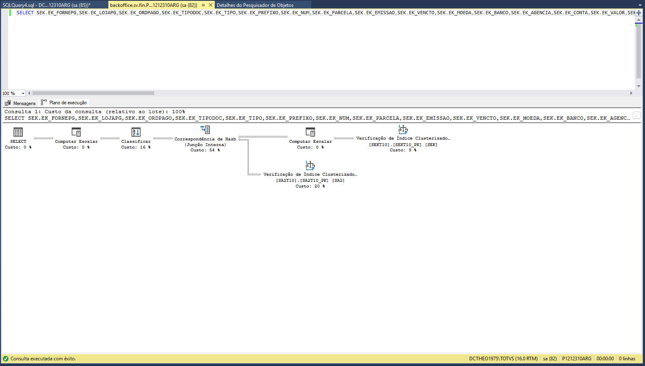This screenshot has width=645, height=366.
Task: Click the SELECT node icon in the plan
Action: click(18, 132)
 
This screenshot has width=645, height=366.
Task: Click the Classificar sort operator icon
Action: click(136, 132)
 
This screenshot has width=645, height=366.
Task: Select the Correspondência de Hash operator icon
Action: click(205, 130)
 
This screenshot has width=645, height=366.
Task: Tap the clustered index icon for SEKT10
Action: click(403, 129)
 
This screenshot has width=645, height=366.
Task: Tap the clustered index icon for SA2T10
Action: click(310, 165)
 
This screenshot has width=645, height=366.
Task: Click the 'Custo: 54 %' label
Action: click(205, 150)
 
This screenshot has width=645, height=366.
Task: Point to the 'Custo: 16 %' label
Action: click(136, 147)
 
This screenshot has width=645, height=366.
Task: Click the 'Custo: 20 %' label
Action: click(310, 186)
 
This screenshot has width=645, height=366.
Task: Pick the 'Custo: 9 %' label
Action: click(403, 150)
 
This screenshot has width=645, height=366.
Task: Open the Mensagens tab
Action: click(20, 103)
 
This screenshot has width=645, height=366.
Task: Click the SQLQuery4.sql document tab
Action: click(47, 5)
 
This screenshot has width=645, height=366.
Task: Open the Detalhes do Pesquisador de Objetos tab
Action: click(255, 5)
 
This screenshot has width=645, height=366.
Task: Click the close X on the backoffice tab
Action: click(211, 5)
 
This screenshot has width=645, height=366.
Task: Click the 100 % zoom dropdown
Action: click(13, 93)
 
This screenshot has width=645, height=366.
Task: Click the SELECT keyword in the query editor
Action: click(25, 13)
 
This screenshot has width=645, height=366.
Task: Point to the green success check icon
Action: click(6, 359)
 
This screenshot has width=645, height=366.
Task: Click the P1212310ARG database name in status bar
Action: click(576, 359)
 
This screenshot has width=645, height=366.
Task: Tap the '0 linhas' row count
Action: click(627, 359)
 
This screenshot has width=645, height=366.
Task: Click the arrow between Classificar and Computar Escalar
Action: click(110, 138)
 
